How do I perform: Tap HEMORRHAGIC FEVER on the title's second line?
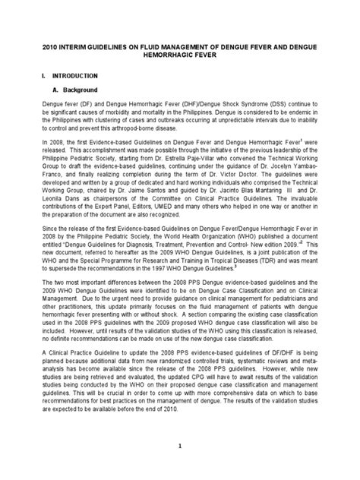coord(180,55)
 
